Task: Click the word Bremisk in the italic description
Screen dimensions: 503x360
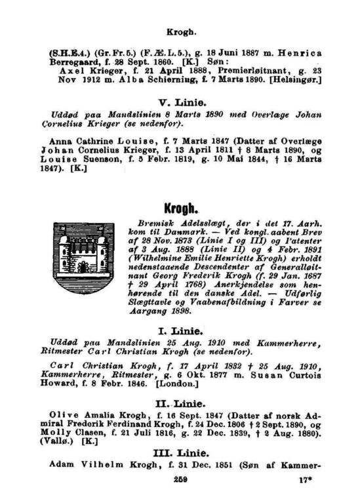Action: (148, 223)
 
